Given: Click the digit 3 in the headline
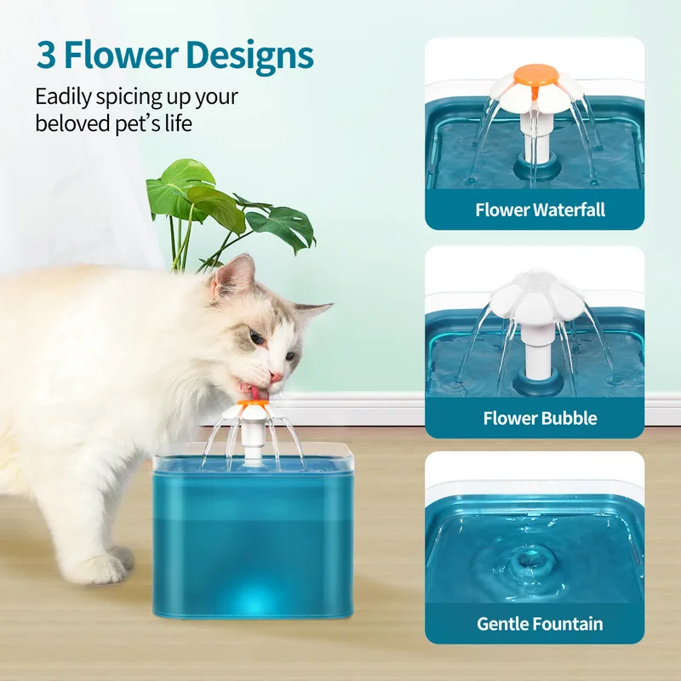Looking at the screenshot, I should [46, 55].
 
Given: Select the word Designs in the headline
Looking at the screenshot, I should [251, 56].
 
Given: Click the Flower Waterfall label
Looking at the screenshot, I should [541, 209].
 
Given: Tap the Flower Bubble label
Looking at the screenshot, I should [540, 418].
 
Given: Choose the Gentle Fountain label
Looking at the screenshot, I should [540, 623].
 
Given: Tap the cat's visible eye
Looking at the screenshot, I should [257, 340].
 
